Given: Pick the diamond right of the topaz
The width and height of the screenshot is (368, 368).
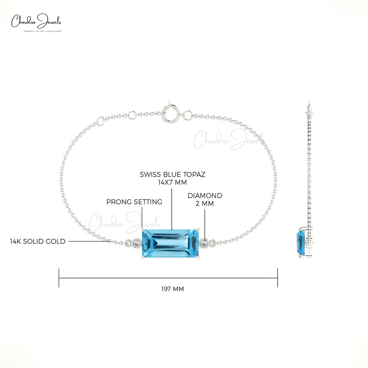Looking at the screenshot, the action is pos(204,243).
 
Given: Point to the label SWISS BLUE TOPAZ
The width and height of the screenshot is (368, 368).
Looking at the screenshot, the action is pos(172,174).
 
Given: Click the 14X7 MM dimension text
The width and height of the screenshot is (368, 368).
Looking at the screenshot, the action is pos(172,182).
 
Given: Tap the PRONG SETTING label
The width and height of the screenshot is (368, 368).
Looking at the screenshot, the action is pos(134,202).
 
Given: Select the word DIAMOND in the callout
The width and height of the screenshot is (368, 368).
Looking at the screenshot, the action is pos(205,195).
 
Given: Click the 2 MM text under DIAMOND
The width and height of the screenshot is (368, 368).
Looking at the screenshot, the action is pos(205,204).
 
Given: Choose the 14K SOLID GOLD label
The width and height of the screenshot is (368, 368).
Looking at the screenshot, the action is pos(38,242).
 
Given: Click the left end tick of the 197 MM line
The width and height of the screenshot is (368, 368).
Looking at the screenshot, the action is pos(59,278).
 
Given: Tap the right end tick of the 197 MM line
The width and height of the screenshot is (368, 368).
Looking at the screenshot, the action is pos(278,278).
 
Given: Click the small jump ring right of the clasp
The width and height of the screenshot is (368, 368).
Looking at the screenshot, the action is pos(188,114).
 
